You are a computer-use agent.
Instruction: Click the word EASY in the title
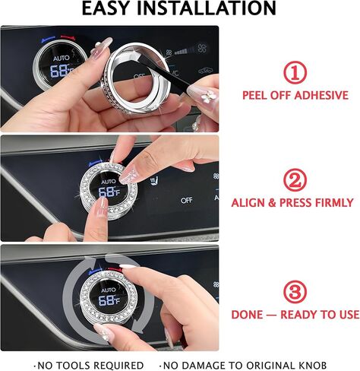coord(107,8)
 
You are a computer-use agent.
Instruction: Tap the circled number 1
coord(295,72)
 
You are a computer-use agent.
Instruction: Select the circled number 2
coord(295,180)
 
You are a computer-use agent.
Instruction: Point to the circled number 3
coord(295,292)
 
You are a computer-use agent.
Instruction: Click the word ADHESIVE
coord(321,95)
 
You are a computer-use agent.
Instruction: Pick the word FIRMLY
coord(334,203)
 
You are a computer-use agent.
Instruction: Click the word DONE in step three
coord(247,315)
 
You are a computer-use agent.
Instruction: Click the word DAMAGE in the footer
coord(203,366)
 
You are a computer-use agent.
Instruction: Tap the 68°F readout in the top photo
coord(60,71)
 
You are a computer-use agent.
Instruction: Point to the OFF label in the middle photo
coord(186,201)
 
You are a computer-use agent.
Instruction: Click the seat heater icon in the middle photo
coord(154,180)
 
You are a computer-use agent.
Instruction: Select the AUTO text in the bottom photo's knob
coord(108,290)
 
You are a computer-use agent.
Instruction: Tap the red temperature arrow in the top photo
coord(68,37)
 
